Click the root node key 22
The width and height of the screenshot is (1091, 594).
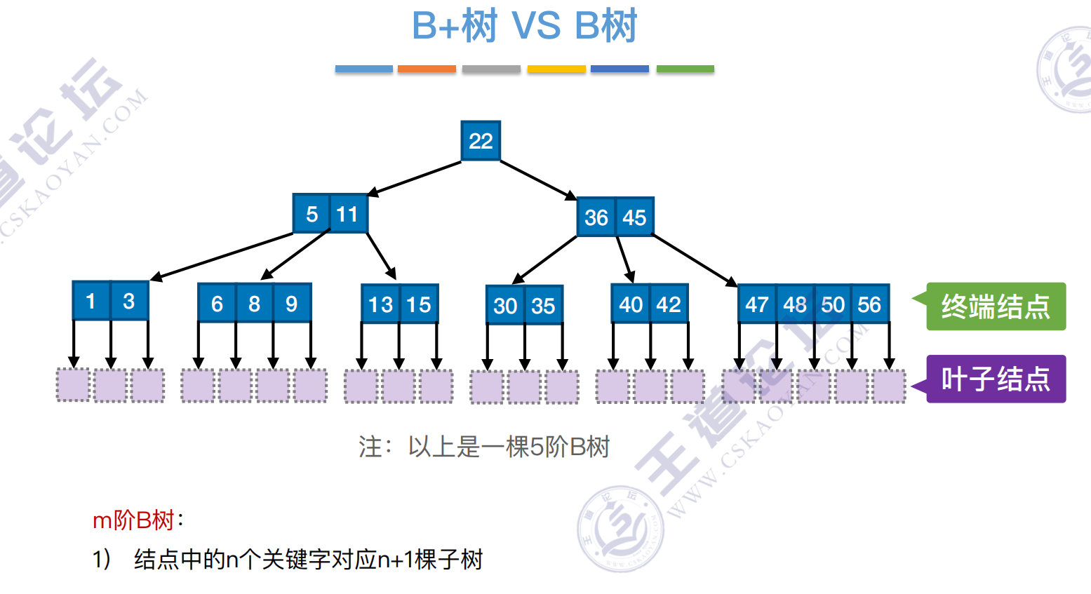click(x=481, y=141)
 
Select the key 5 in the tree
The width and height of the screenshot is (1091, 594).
click(x=312, y=214)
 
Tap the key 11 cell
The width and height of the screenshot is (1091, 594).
click(x=348, y=214)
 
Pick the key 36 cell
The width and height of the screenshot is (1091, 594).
click(x=596, y=217)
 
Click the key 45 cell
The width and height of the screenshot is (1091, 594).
click(x=634, y=217)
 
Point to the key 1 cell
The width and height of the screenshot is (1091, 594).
click(x=91, y=302)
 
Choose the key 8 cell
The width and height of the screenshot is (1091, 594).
click(x=254, y=304)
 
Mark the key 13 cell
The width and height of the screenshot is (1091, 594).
click(x=380, y=304)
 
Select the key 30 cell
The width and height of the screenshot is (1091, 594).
click(x=505, y=306)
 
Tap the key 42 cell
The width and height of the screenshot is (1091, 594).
click(x=669, y=304)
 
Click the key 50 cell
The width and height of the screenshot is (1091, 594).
click(x=833, y=304)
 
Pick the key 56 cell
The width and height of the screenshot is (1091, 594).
click(x=870, y=304)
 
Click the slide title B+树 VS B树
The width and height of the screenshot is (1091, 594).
click(x=524, y=26)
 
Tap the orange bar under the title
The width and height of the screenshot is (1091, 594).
click(x=427, y=69)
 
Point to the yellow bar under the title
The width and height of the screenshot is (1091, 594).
click(x=556, y=69)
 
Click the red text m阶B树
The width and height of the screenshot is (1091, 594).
click(x=133, y=520)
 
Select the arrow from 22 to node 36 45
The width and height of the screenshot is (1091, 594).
click(x=537, y=180)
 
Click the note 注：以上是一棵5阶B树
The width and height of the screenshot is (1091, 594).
click(x=484, y=447)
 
